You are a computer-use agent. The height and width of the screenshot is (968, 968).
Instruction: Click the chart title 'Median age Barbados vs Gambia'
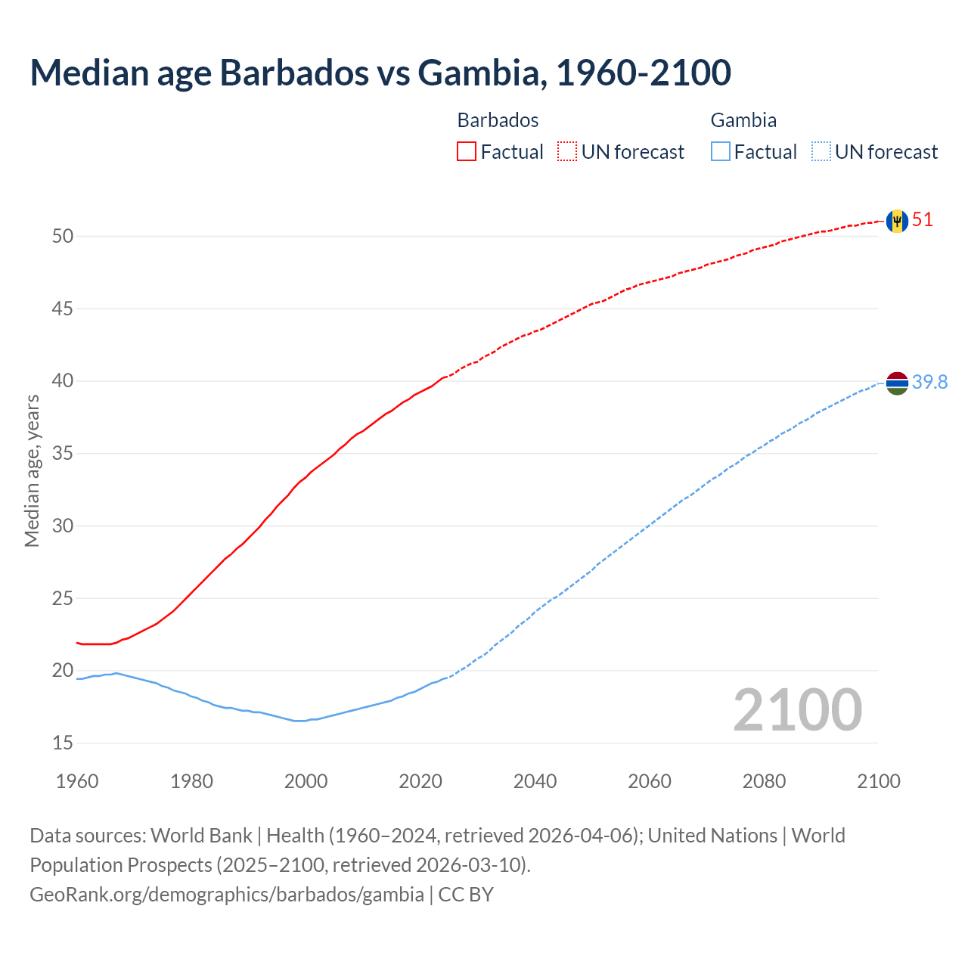click(x=380, y=73)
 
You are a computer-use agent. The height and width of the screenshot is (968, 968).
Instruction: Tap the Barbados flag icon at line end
click(x=897, y=221)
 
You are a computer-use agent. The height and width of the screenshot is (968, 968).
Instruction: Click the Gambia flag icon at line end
click(x=897, y=383)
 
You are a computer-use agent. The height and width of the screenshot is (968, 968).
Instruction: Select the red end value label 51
click(x=923, y=220)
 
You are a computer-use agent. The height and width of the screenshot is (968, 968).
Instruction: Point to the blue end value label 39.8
click(x=929, y=383)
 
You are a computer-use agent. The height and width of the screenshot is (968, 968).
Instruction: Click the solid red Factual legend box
click(x=467, y=152)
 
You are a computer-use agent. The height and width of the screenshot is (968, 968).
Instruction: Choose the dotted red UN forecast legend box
click(x=567, y=152)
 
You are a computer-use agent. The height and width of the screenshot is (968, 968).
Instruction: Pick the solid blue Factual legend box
click(x=721, y=152)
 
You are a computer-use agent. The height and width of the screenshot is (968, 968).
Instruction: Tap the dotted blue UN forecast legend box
click(x=821, y=152)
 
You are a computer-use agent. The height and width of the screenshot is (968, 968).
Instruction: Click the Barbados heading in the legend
click(x=498, y=120)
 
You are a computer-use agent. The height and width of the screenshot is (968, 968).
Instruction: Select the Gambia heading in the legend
click(x=743, y=120)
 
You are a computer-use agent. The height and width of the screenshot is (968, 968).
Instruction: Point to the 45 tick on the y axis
click(x=63, y=309)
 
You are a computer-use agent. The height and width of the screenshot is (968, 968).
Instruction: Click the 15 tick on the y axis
click(x=63, y=743)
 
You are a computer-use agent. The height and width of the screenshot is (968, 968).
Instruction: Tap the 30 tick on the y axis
click(x=63, y=526)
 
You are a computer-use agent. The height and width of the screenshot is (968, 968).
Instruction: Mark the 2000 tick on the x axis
click(x=306, y=781)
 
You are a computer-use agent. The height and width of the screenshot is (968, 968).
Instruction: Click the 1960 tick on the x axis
click(x=77, y=781)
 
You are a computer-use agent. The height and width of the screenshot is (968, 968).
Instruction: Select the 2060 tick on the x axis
click(x=650, y=781)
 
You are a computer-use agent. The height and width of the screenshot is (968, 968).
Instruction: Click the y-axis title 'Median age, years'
click(x=32, y=470)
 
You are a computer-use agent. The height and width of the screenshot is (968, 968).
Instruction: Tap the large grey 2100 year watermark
click(x=797, y=710)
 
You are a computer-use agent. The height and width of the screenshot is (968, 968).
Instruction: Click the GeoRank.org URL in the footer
click(x=227, y=895)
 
